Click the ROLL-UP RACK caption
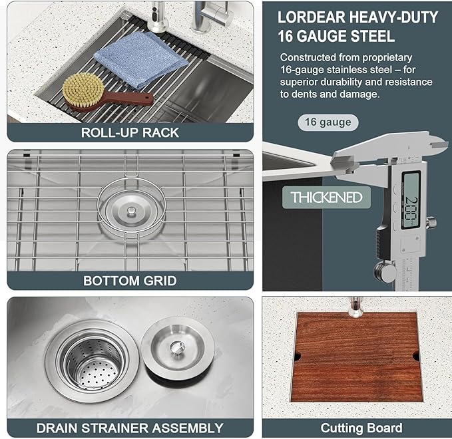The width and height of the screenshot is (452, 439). (130, 132)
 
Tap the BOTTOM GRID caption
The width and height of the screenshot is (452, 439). (130, 281)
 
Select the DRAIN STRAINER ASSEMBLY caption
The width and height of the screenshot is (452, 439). (130, 428)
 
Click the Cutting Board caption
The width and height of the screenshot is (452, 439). (361, 428)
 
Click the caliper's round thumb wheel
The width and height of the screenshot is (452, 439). (383, 270)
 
